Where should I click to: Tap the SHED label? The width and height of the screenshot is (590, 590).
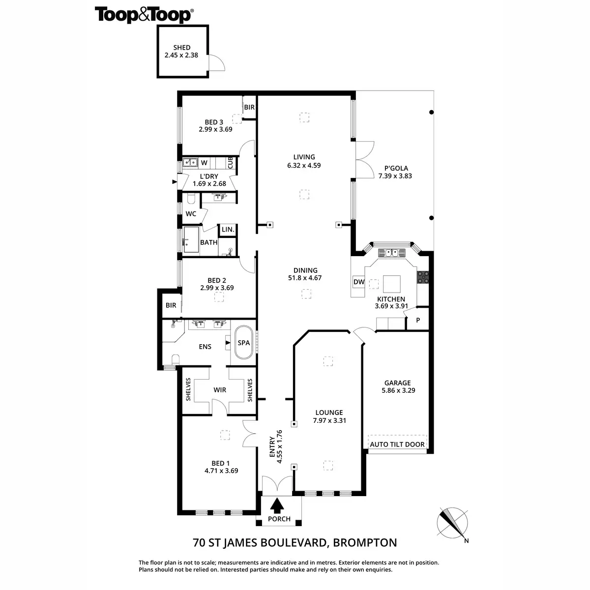point(181,48)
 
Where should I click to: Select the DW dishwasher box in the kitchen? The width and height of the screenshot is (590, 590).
point(359,282)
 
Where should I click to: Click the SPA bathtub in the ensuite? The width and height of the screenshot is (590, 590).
point(244,343)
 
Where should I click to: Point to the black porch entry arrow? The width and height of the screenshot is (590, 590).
point(278,505)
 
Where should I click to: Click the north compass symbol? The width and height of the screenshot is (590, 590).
point(451,522)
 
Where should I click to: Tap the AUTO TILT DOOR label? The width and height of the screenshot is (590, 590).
point(397,444)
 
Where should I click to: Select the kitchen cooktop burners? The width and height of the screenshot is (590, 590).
point(423,277)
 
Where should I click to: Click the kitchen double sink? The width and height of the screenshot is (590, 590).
point(391,253)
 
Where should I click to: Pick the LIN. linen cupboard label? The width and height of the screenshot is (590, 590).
point(228,230)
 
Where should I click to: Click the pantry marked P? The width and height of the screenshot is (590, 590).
point(418,321)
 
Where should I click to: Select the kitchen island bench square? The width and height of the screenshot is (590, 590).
point(392,284)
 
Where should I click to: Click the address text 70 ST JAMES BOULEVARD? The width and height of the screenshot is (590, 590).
point(261,543)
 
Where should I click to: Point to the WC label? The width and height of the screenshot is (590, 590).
point(191,214)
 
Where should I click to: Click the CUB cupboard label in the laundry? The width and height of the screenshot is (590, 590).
point(230,162)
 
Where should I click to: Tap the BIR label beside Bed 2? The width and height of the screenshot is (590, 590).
point(171,305)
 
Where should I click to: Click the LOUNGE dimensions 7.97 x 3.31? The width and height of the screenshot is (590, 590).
point(329,420)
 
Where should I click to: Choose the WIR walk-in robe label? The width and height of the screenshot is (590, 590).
point(220,390)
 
